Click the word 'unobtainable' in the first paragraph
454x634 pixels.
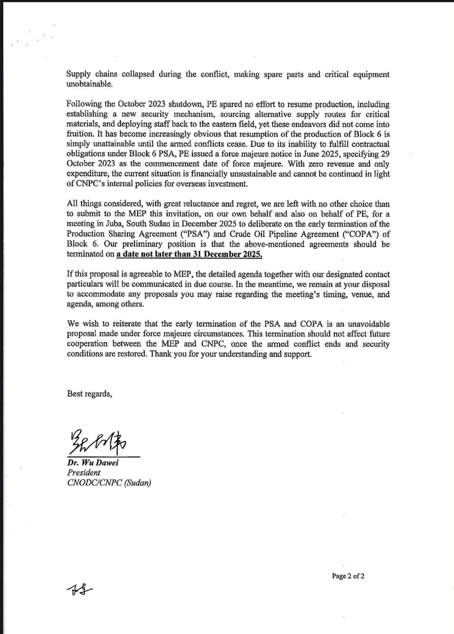click(x=89, y=84)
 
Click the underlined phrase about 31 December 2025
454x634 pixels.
click(x=189, y=254)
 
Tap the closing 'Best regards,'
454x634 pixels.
click(x=89, y=394)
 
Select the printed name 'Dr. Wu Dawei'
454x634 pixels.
click(x=93, y=463)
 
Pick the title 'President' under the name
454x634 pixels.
click(x=84, y=473)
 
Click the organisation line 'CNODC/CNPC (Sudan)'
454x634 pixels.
click(x=109, y=483)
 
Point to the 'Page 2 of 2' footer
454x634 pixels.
click(x=348, y=576)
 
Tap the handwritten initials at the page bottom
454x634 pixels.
click(x=79, y=590)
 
